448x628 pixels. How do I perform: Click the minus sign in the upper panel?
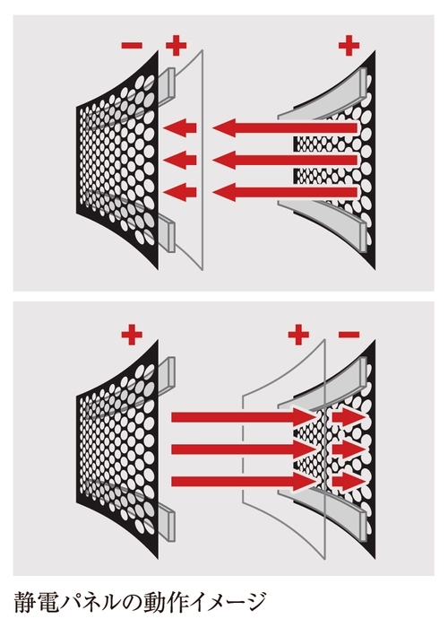tap(132, 45)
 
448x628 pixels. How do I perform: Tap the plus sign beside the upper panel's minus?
tap(176, 45)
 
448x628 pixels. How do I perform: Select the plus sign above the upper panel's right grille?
tap(349, 45)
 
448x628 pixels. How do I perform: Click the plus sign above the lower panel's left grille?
tap(132, 335)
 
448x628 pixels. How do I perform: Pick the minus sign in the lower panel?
tap(349, 335)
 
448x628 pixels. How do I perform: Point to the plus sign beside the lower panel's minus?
tap(298, 335)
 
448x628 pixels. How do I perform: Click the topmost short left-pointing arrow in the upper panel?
tap(180, 128)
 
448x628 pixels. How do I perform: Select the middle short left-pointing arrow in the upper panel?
tap(180, 161)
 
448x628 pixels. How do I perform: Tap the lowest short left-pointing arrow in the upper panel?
tap(180, 192)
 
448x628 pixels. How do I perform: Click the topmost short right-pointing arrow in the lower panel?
tap(349, 417)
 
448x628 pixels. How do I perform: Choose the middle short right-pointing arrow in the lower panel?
tap(349, 449)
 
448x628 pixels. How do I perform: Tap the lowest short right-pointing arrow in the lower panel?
tap(349, 482)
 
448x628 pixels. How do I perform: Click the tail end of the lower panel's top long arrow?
tap(172, 417)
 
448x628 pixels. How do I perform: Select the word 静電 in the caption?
tap(37, 602)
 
